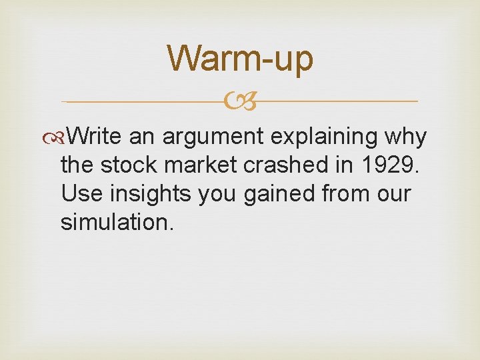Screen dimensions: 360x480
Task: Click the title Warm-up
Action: point(240,58)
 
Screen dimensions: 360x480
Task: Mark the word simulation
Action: point(117,222)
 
